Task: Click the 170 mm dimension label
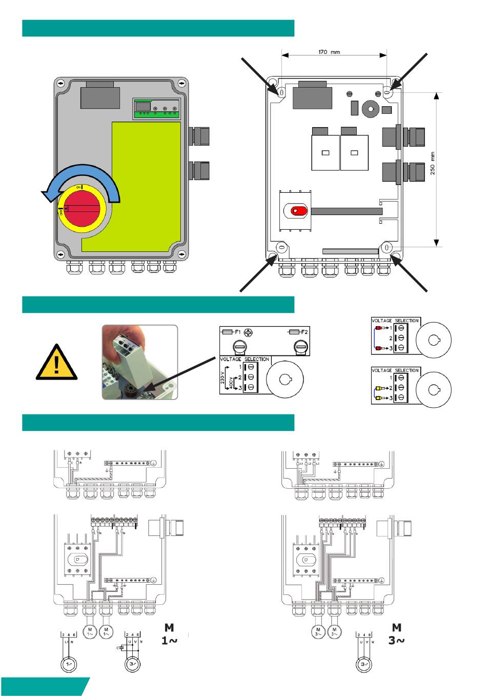click(x=329, y=52)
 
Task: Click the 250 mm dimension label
click(x=433, y=163)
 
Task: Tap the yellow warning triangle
click(x=56, y=363)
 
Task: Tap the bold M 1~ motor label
click(x=169, y=634)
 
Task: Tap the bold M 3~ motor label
click(x=396, y=634)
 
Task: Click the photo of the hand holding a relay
click(x=139, y=362)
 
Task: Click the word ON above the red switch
click(x=79, y=188)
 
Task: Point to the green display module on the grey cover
click(x=157, y=109)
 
